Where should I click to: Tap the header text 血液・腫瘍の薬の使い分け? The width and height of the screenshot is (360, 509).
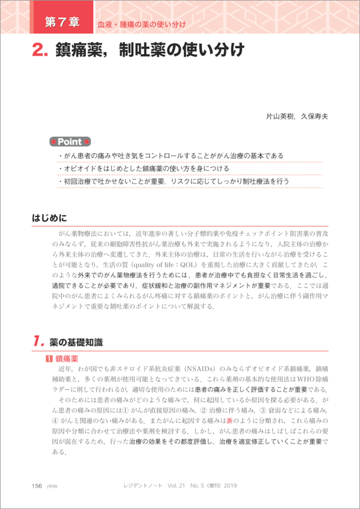click(142, 25)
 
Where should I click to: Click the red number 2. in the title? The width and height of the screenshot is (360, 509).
click(40, 50)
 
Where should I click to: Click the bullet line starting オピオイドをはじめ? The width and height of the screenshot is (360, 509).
click(143, 169)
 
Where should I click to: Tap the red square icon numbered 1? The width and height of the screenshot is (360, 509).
click(49, 359)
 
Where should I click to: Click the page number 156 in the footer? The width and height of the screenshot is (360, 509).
click(37, 486)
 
